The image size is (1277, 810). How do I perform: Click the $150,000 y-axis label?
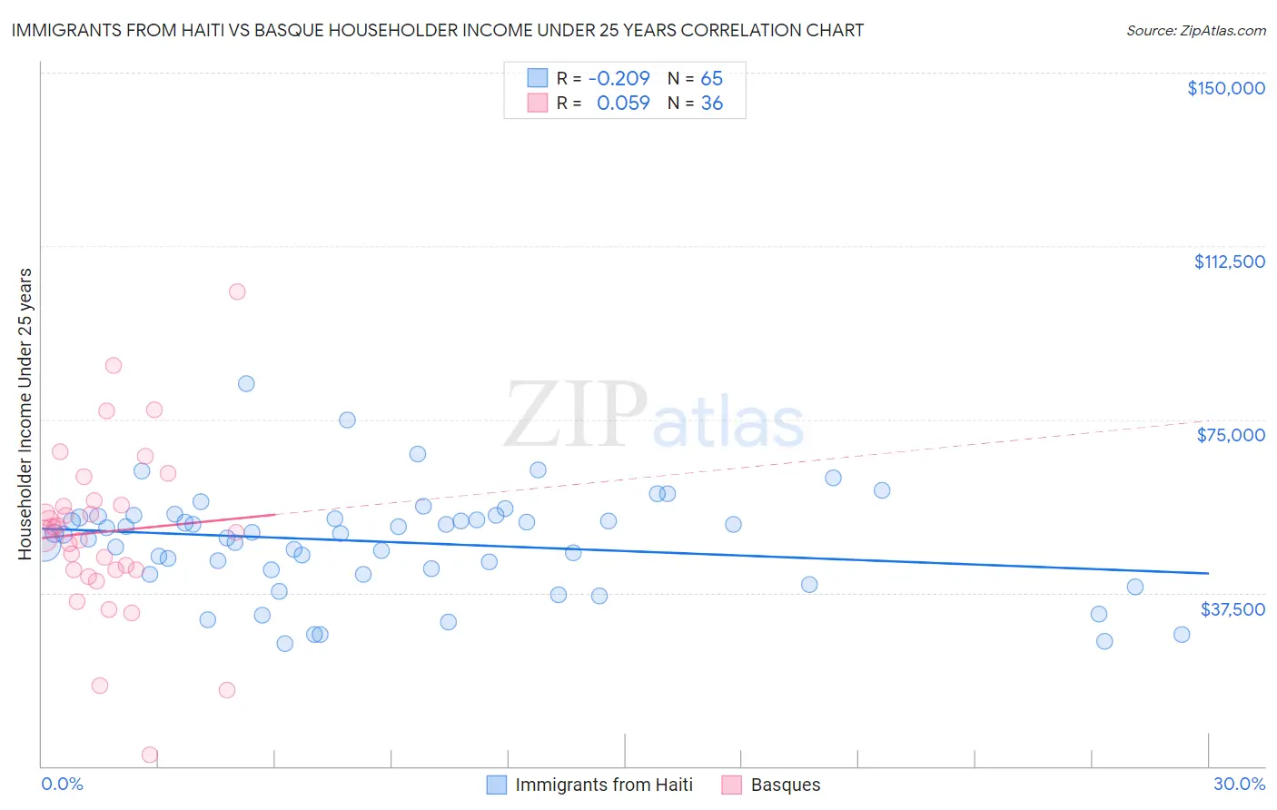click(x=1225, y=88)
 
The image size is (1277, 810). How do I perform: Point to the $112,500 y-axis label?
click(x=1229, y=262)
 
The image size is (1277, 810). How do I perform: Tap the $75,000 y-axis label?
click(x=1231, y=435)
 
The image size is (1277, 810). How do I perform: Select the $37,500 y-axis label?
click(x=1232, y=609)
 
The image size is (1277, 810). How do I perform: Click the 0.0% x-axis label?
click(x=62, y=784)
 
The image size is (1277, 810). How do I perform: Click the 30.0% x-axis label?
click(x=1239, y=784)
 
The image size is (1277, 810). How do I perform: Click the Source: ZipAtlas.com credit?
click(x=1195, y=30)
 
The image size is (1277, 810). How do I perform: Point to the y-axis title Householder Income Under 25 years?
click(x=25, y=413)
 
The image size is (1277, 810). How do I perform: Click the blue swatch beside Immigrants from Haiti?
click(x=496, y=785)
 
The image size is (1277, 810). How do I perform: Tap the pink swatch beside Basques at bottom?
click(x=731, y=785)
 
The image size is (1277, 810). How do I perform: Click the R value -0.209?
click(x=619, y=79)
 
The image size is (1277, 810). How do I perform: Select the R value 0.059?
click(x=623, y=104)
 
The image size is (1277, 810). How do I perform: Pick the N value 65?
click(x=711, y=79)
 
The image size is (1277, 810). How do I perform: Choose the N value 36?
click(x=711, y=104)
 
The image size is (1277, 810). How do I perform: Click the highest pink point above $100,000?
click(x=237, y=291)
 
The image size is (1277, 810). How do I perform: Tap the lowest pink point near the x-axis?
click(x=150, y=755)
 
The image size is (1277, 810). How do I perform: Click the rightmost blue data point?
click(x=1182, y=635)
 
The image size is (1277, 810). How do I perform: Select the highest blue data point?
click(x=246, y=383)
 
